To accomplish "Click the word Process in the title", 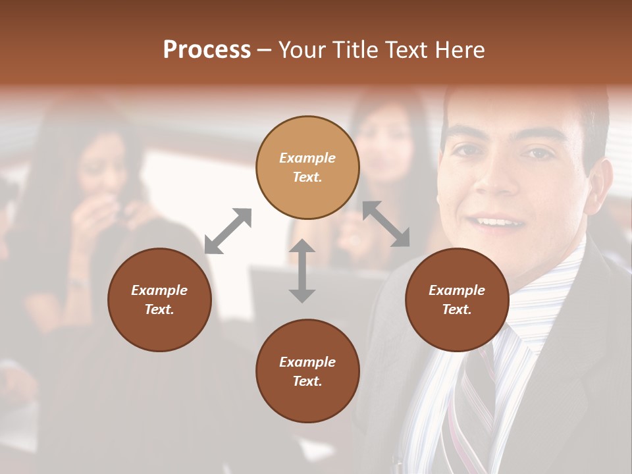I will (207, 50).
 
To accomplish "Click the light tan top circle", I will (307, 167).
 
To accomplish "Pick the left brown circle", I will (159, 300).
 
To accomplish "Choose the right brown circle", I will (457, 300).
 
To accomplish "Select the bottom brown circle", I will (307, 371).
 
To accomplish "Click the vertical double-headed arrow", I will (302, 271).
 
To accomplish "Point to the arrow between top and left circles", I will (228, 231).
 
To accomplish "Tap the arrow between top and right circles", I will (386, 224).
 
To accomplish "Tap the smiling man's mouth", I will (500, 223).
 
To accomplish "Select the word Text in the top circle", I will (307, 177).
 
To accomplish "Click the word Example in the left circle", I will (159, 290).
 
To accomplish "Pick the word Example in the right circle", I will (457, 290).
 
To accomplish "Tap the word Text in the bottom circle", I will (307, 381).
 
